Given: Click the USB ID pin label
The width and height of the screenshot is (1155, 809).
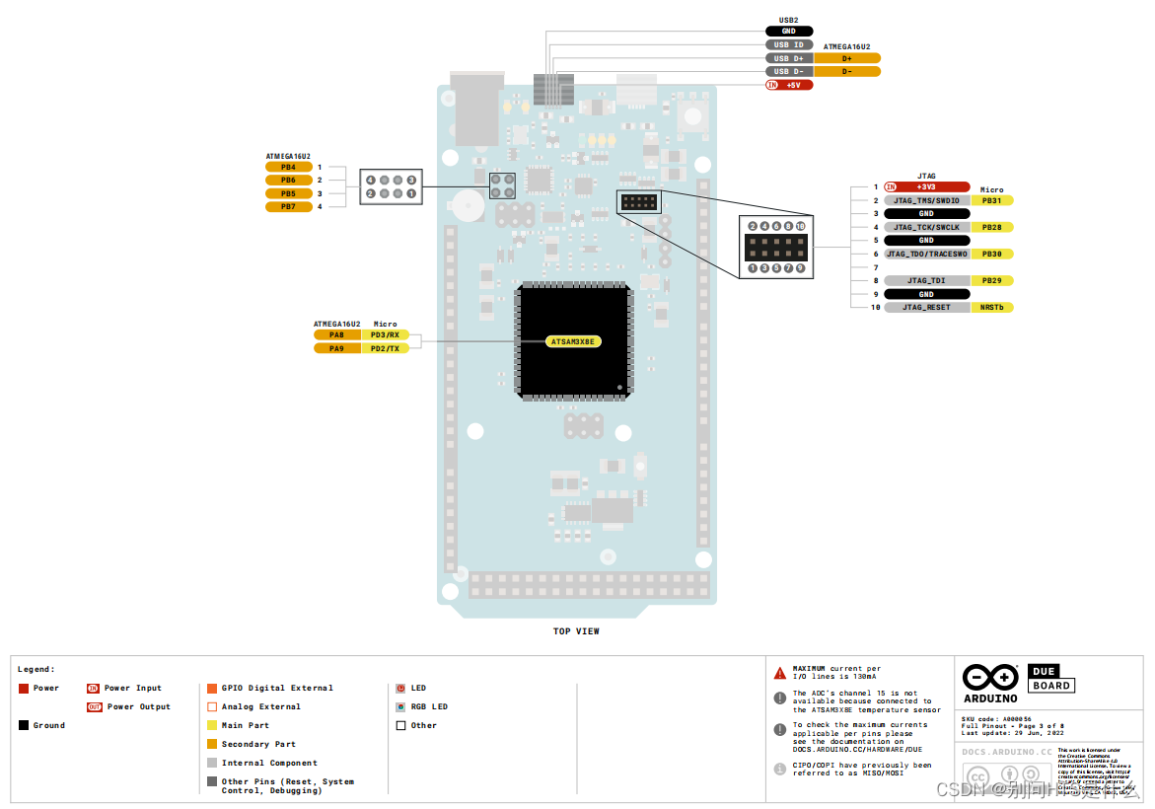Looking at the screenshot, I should (x=788, y=44).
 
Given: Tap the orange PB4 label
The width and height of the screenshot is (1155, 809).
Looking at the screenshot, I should (x=288, y=167).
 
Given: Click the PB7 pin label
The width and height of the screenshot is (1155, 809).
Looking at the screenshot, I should (x=288, y=206).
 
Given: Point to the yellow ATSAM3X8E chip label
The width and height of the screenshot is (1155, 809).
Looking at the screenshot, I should (x=574, y=341).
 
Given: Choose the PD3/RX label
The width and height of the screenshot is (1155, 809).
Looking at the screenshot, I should (x=385, y=334).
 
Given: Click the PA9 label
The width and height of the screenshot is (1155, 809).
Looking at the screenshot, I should (x=336, y=348).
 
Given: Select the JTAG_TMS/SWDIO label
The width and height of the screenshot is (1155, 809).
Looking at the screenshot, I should (x=926, y=200).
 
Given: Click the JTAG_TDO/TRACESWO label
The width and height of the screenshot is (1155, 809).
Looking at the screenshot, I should (x=926, y=254).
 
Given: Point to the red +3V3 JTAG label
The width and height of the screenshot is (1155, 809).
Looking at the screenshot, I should (x=926, y=186).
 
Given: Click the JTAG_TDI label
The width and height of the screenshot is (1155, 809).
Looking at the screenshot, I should (x=926, y=280).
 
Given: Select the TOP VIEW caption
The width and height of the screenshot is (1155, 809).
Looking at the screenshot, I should (x=576, y=631).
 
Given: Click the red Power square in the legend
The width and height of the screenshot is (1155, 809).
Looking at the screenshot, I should (x=24, y=689).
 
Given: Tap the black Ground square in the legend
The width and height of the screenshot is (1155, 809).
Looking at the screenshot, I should (x=24, y=725).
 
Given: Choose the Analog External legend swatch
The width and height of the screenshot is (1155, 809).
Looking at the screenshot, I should (x=212, y=706).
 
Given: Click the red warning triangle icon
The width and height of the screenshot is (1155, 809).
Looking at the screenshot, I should (x=780, y=673).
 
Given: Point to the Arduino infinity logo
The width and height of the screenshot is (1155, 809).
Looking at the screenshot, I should (x=990, y=678).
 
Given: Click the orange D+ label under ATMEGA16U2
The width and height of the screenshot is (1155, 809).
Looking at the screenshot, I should (x=847, y=58).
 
